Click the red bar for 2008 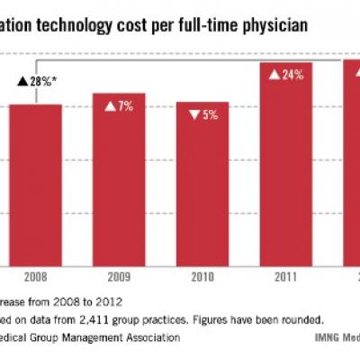(35, 184)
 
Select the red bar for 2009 (119, 180)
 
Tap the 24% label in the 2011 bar (292, 75)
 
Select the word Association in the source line (146, 337)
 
